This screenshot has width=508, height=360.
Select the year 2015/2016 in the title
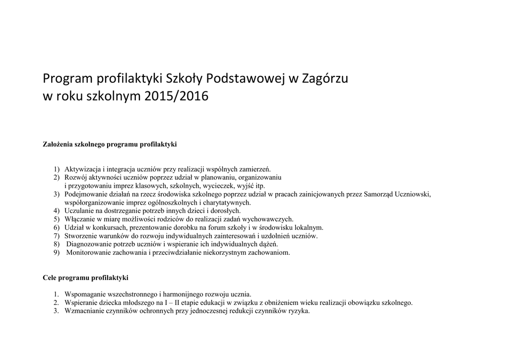[x=177, y=96]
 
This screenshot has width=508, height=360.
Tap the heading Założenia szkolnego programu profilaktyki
[x=110, y=144]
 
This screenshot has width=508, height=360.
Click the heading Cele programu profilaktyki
[x=85, y=278]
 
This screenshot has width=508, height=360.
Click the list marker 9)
[x=57, y=252]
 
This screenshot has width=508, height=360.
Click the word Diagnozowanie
[x=89, y=244]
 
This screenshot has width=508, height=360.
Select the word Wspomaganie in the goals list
[x=84, y=294]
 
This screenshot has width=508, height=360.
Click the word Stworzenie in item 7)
[x=80, y=235]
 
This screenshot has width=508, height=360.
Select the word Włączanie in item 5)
[x=79, y=219]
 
